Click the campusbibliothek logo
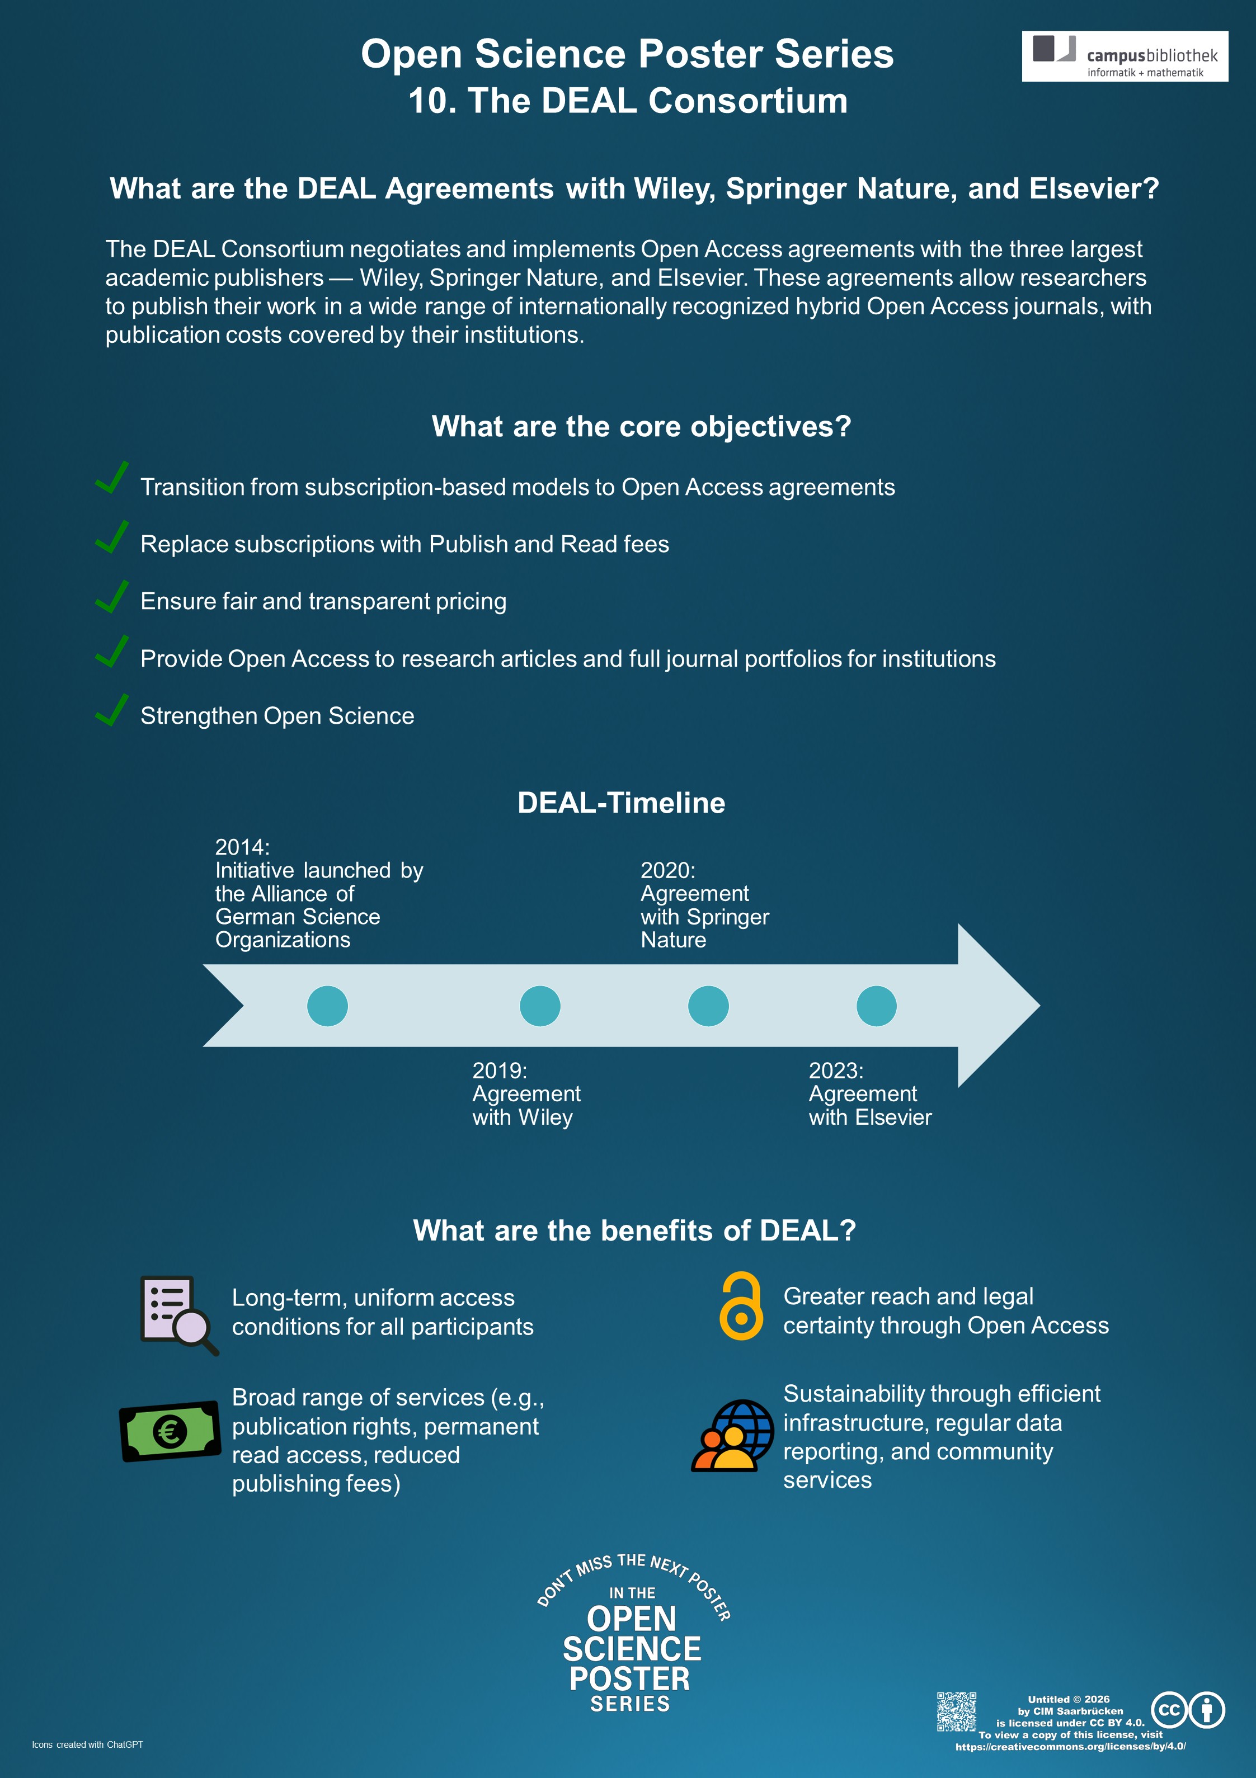(x=1125, y=56)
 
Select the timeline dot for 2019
(x=540, y=1006)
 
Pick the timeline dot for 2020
(x=708, y=1006)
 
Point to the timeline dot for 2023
(x=876, y=1006)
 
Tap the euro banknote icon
(x=170, y=1431)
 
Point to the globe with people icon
(x=732, y=1436)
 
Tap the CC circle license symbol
(x=1169, y=1710)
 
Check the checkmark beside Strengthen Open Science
(x=111, y=709)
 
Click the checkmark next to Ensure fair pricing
(x=111, y=596)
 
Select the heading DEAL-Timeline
(x=622, y=803)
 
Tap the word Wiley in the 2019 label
(x=545, y=1117)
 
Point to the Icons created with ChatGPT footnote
(x=87, y=1744)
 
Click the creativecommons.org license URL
(x=1071, y=1746)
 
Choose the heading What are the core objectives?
(x=642, y=427)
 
